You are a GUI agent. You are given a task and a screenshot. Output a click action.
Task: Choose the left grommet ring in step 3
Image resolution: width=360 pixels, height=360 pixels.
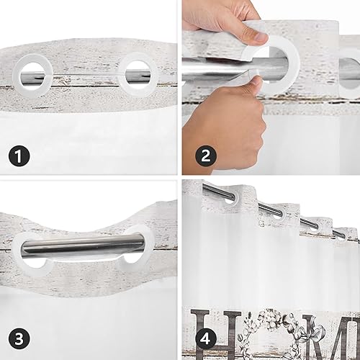pyautogui.click(x=32, y=251)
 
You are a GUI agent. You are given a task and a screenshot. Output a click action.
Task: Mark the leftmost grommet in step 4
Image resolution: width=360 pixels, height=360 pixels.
pyautogui.click(x=229, y=196)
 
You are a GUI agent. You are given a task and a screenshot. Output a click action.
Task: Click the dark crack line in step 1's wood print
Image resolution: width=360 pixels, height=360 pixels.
pyautogui.click(x=86, y=85)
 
